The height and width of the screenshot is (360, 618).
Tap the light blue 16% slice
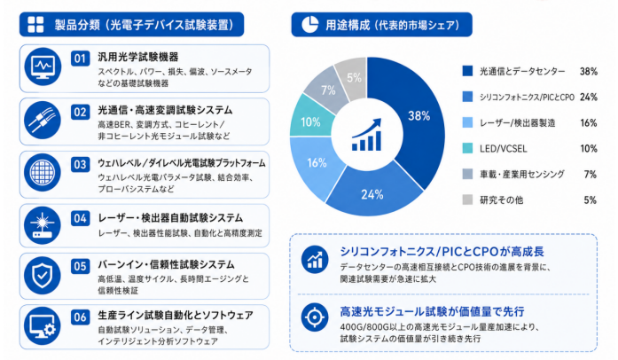(316, 166)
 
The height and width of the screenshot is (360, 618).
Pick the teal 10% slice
(310, 121)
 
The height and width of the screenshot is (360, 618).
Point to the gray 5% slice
(354, 77)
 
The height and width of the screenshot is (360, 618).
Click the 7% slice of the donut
(327, 90)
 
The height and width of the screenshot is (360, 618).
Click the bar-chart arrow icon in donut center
(367, 135)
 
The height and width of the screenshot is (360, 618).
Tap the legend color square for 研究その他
(467, 200)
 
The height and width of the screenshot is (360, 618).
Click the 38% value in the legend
(589, 71)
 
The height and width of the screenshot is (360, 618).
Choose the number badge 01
(80, 59)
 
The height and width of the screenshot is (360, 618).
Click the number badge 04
(80, 218)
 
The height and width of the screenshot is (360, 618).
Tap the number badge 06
(80, 317)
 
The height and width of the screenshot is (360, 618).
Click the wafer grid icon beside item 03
(43, 173)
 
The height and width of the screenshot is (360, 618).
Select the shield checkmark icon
(43, 275)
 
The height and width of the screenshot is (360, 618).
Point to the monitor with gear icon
(43, 326)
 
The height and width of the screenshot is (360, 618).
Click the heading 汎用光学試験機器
(138, 57)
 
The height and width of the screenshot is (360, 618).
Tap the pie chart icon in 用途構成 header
(309, 25)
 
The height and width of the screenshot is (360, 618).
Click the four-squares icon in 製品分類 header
(35, 25)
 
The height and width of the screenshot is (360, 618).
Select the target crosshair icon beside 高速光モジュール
(315, 317)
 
